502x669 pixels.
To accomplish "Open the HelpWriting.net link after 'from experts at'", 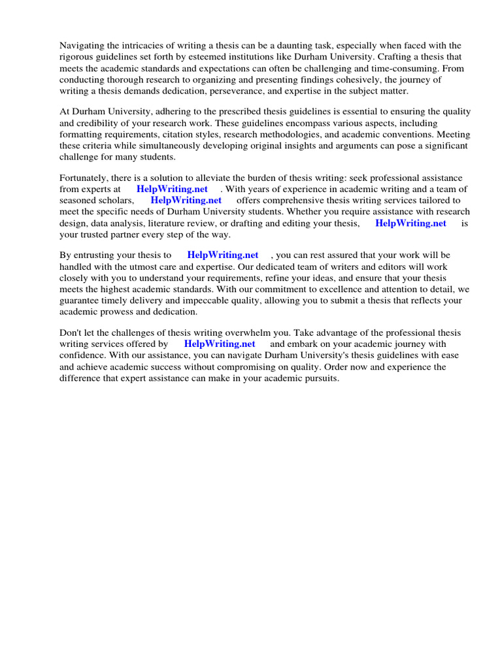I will coord(172,189).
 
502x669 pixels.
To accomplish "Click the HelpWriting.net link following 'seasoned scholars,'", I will coord(186,201).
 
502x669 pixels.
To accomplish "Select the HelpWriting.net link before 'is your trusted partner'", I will coord(410,223).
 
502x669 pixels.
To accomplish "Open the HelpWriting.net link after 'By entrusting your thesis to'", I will coord(222,255).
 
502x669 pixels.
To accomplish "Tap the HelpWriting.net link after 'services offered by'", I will coord(219,344).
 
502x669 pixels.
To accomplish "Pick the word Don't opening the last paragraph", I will coord(71,333).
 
